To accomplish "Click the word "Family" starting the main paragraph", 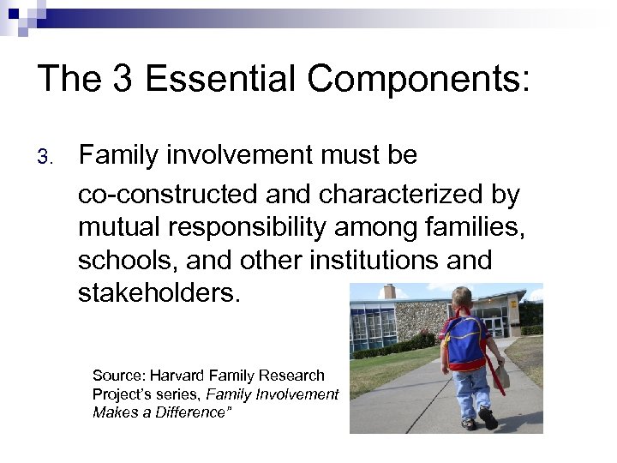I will pos(119,155).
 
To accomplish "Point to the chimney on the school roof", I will pos(389,292).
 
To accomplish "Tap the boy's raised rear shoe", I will pos(488,418).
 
